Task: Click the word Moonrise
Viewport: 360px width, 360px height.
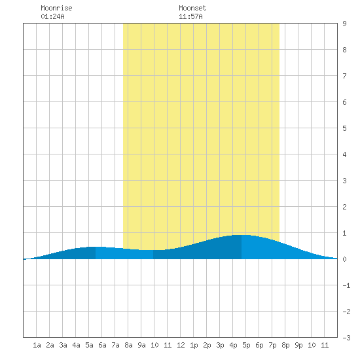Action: (56, 8)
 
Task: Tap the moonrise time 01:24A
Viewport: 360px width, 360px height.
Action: (52, 16)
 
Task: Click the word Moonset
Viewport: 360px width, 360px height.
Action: (192, 8)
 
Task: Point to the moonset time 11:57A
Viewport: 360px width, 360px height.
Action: (190, 16)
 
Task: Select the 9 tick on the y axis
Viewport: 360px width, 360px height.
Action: (344, 24)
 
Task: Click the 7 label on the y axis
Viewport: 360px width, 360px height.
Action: (344, 76)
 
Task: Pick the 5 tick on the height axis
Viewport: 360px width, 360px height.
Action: (344, 128)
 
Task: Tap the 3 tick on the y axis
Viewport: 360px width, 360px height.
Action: (344, 181)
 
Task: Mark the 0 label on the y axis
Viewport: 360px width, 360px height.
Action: (344, 259)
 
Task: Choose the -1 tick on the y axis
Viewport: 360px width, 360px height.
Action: (346, 285)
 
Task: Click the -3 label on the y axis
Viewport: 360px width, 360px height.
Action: (346, 338)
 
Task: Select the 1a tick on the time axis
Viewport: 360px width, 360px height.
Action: (37, 345)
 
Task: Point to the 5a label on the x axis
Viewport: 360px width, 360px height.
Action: (89, 345)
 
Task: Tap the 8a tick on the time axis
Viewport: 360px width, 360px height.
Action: (128, 345)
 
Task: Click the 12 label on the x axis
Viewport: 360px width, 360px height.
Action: (181, 345)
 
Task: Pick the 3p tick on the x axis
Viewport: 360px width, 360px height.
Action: (220, 345)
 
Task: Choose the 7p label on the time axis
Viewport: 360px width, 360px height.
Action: (272, 345)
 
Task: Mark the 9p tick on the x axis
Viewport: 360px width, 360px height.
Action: (298, 345)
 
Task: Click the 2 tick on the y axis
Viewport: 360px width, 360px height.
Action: (344, 207)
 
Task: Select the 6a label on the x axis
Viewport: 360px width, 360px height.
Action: (102, 345)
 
